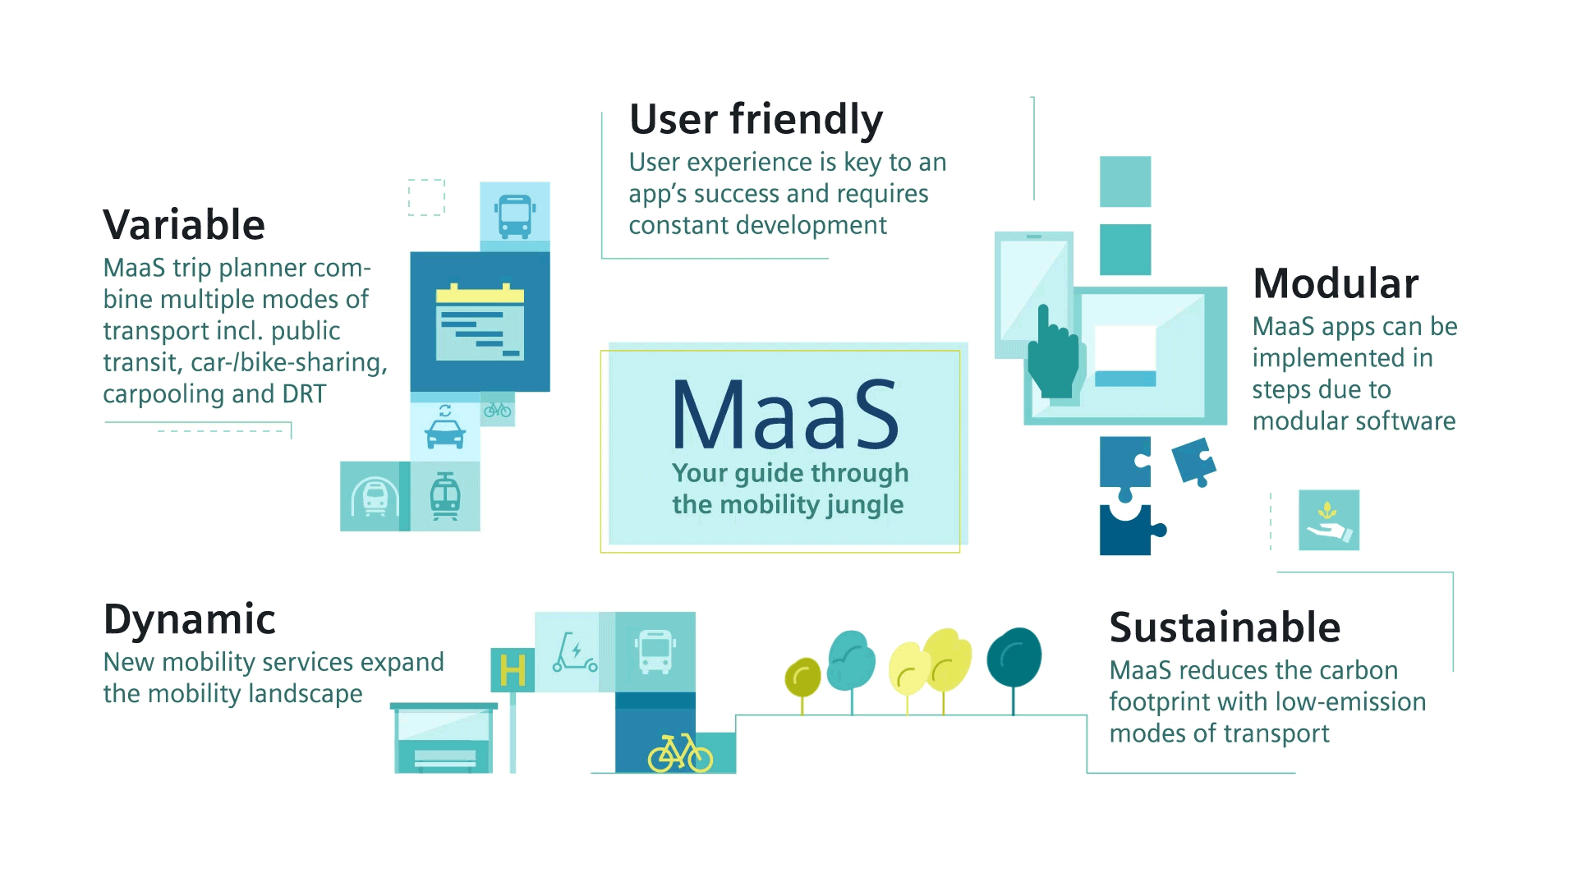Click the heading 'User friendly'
pos(756,120)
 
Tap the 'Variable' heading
pos(184,225)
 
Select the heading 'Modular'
pos(1336,284)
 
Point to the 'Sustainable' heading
pos(1225,627)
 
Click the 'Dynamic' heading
pos(189,619)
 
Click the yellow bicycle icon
pos(680,752)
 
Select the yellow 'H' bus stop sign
pos(513,670)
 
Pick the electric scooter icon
pos(574,652)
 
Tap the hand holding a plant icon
pos(1329,521)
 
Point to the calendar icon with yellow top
pos(480,322)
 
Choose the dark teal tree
pos(1014,659)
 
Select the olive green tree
pos(802,678)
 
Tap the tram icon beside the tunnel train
pos(445,496)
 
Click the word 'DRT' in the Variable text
pos(304,394)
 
